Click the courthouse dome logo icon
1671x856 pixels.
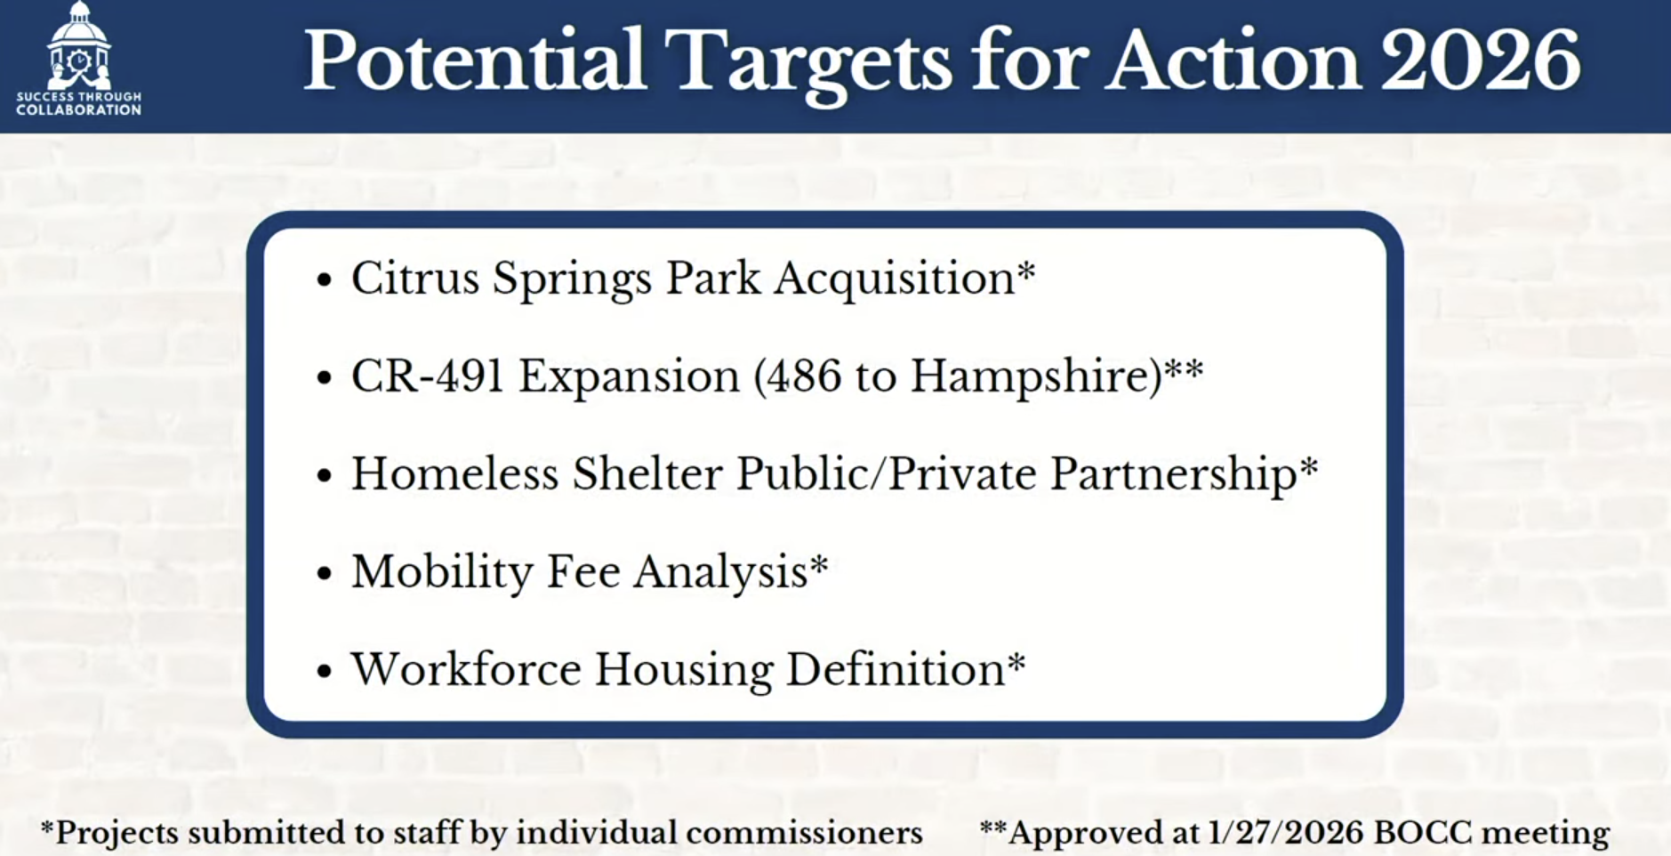[79, 44]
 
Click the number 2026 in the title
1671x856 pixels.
[1480, 61]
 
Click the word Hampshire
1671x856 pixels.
[1036, 376]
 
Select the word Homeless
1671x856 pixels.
[454, 473]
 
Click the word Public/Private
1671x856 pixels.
[885, 473]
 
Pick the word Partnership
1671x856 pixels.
[1174, 474]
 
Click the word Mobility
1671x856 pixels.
[441, 572]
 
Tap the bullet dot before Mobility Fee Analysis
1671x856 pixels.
[324, 573]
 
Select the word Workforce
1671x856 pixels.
[465, 669]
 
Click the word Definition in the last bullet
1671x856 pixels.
[896, 669]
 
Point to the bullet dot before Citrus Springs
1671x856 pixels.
[324, 279]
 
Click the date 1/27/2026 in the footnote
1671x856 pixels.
[1285, 833]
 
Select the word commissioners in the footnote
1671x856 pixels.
[805, 833]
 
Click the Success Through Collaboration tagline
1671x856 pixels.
[79, 103]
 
